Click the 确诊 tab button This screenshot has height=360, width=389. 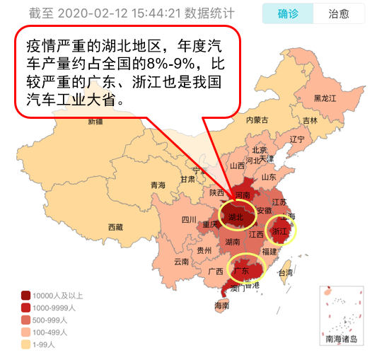pos(288,14)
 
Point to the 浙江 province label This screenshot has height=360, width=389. pos(281,231)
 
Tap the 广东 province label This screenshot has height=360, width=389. pos(241,271)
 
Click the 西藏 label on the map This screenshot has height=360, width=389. pos(115,227)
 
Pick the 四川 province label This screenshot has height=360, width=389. pos(189,219)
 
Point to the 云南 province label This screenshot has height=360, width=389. pos(181,261)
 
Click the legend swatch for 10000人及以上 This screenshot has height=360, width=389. pos(25,296)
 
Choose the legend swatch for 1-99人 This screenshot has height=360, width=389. pos(25,344)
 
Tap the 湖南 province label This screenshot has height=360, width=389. pos(232,242)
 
